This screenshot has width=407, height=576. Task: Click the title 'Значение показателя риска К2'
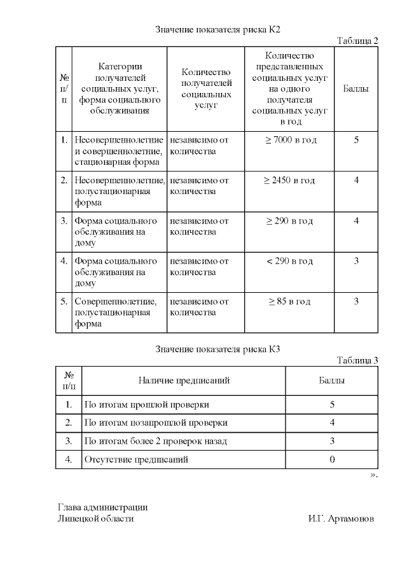tap(217, 30)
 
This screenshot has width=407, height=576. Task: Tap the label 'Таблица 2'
tap(357, 41)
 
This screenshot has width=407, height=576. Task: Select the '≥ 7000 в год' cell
tap(290, 140)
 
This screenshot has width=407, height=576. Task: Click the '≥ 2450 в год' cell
tap(290, 181)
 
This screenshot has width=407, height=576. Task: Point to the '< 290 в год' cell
tap(290, 261)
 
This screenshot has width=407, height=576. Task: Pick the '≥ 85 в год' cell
tap(290, 302)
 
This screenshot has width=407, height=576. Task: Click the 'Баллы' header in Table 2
tap(356, 89)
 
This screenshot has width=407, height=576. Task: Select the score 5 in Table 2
tap(356, 140)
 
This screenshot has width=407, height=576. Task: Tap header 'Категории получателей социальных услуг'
tap(120, 88)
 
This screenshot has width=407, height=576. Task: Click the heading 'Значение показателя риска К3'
tap(217, 349)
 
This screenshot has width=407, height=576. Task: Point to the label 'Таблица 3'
tap(357, 360)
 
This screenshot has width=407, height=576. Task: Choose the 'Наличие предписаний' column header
tap(184, 381)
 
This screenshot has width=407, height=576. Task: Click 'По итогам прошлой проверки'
tap(146, 404)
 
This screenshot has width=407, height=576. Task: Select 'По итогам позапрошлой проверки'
tap(156, 423)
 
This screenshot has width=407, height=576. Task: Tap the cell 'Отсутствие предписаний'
tap(136, 459)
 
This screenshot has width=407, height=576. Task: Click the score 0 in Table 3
tap(332, 459)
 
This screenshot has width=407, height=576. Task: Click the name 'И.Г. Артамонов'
tap(341, 519)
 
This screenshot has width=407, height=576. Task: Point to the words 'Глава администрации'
tap(102, 507)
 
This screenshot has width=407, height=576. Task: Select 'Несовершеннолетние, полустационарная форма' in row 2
tap(120, 192)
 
